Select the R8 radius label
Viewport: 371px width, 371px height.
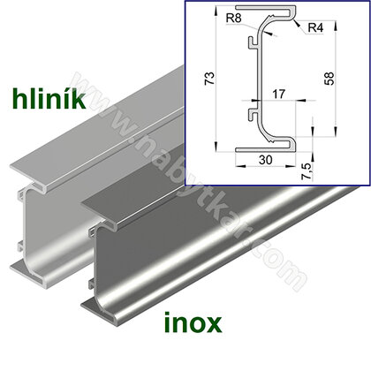click(235, 19)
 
